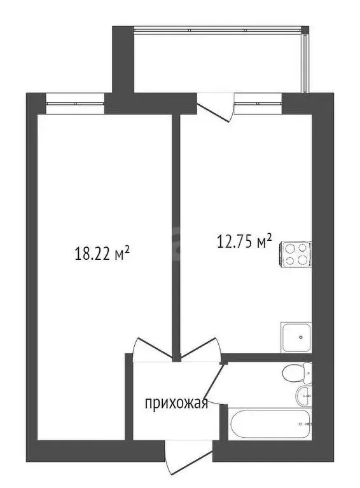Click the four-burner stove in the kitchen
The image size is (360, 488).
pyautogui.click(x=296, y=254)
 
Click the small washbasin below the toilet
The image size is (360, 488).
pyautogui.click(x=303, y=395)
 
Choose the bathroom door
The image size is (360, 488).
pyautogui.click(x=216, y=385)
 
